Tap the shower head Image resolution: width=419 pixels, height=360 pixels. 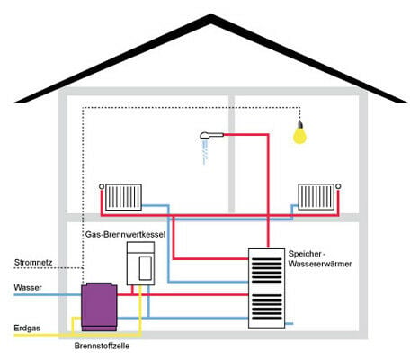coord(211,136)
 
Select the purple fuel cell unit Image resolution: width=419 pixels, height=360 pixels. coord(99,306)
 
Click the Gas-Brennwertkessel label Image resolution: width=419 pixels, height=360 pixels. coord(125,234)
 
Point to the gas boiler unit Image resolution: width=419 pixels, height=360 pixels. coord(140,264)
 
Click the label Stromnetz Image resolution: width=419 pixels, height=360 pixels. coord(33,262)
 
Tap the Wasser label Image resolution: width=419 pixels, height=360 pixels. coord(28,288)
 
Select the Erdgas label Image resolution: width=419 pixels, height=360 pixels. coord(27,328)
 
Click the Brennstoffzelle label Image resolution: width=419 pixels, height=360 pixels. coord(102,346)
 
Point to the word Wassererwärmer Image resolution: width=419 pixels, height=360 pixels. coord(320,264)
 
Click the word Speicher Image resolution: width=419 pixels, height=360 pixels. coord(305,254)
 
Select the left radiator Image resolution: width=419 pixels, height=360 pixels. coord(123,197)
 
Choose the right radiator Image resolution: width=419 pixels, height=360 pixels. coord(316,197)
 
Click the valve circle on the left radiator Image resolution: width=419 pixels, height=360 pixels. coord(102,187)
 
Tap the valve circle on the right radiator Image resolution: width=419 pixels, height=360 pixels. coord(338,186)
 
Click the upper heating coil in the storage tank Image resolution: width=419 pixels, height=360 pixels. coord(266,270)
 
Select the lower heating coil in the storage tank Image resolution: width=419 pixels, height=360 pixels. coord(266,307)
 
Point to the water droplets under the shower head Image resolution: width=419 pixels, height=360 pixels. coord(205,152)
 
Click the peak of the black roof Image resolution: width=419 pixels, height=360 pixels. coord(211,14)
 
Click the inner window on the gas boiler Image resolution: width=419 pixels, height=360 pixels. coord(146,268)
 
